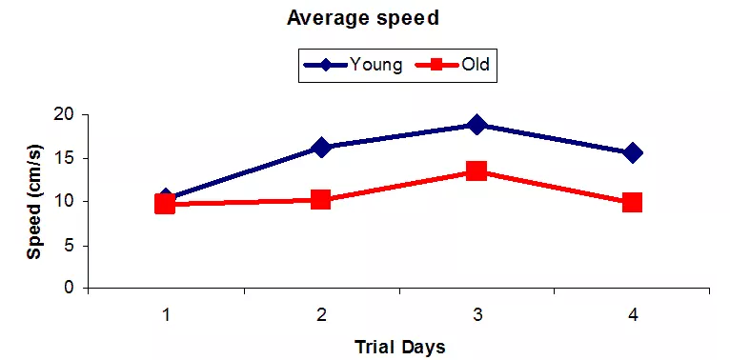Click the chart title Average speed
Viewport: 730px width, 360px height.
tap(363, 19)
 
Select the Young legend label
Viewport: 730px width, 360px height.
tap(375, 64)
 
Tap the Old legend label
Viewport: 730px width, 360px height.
tap(476, 64)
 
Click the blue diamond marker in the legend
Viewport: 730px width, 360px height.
tap(325, 65)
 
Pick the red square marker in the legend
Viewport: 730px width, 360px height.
tap(437, 65)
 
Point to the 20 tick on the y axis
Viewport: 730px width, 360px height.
tap(69, 114)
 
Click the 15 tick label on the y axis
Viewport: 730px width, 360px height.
tap(69, 158)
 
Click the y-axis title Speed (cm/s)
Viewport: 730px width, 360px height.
tap(35, 202)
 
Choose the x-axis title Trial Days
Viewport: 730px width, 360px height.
tap(400, 347)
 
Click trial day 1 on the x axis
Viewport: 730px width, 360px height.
tap(166, 315)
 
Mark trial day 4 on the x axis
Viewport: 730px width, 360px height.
tap(632, 315)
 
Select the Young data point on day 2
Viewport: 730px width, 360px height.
tap(321, 148)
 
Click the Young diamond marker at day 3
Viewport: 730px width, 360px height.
tap(477, 125)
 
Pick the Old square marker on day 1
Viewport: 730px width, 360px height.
tap(165, 204)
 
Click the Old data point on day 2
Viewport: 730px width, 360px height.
tap(321, 200)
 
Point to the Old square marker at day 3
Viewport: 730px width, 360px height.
tap(477, 170)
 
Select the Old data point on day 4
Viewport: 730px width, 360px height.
tap(633, 202)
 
